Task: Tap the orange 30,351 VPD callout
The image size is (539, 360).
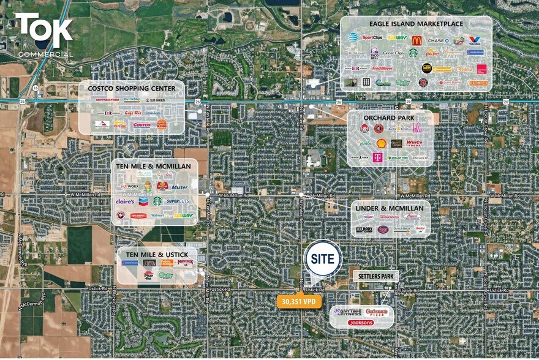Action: point(299,301)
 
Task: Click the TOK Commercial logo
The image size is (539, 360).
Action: point(43,34)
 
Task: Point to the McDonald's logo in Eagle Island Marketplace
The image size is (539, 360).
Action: point(417,40)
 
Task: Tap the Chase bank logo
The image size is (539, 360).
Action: point(438,40)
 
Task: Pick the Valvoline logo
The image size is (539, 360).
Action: point(475,40)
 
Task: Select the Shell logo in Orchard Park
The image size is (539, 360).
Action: point(381,143)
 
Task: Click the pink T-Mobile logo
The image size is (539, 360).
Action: point(377,157)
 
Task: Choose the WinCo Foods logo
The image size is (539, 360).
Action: point(414,143)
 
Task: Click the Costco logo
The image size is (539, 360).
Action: point(141,125)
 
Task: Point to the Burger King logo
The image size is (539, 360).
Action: point(162,124)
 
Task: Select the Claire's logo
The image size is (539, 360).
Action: point(125,201)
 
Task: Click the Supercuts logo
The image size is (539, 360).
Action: point(178,201)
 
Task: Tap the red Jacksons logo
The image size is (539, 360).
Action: point(361,322)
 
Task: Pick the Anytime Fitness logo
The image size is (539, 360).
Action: point(346,312)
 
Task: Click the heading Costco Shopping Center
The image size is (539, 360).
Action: point(131,88)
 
